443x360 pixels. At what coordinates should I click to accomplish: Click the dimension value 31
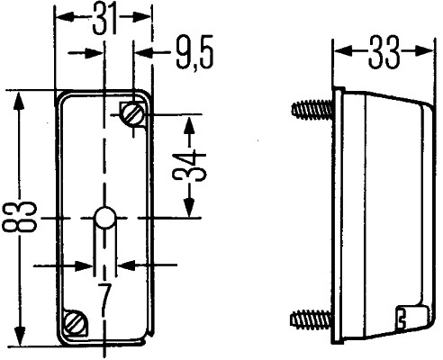tap(104, 17)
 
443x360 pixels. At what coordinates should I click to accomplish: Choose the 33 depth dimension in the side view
tap(384, 53)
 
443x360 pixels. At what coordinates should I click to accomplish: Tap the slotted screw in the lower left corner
tap(76, 321)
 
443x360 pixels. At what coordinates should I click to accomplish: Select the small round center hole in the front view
tap(104, 218)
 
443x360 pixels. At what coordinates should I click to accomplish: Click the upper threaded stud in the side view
tap(312, 111)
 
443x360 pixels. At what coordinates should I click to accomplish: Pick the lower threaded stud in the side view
tap(312, 318)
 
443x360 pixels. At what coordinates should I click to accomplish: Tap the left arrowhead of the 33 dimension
tap(341, 53)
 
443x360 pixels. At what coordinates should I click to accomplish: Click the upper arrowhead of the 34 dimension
tap(189, 121)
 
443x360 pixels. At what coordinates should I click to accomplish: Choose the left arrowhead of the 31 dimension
tap(62, 17)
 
